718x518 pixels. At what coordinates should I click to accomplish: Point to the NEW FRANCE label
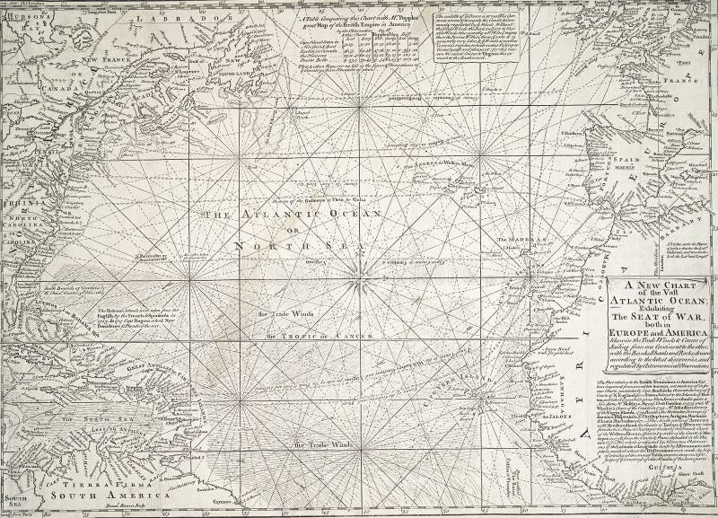tap(102, 60)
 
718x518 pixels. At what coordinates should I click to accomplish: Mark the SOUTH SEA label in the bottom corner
tap(16, 499)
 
